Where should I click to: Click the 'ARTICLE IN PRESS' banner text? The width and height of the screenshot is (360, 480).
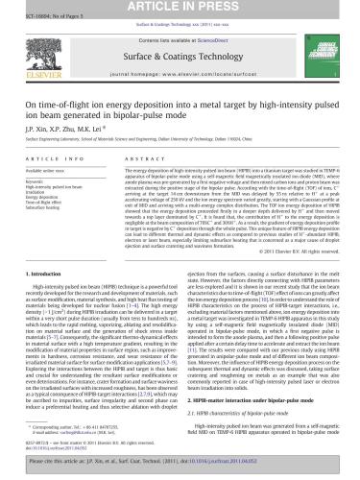180,9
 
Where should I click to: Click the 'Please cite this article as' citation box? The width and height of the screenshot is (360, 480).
180,466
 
